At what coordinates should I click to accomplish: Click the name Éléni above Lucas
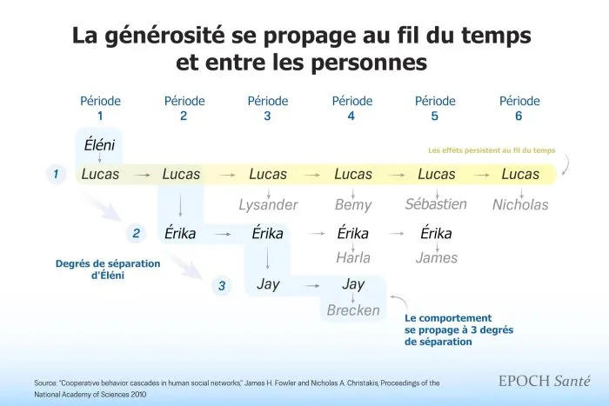[100, 143]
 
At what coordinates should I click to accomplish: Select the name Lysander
[268, 205]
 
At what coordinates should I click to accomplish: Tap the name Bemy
[352, 205]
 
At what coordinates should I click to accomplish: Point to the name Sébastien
[436, 204]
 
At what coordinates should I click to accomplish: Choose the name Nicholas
[520, 205]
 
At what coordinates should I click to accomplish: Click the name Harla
[352, 257]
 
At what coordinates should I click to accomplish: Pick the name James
[436, 257]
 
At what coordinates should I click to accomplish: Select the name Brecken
[352, 309]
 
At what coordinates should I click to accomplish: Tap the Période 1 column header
[100, 109]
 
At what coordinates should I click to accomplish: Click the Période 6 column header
[520, 109]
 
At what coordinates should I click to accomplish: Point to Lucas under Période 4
[352, 175]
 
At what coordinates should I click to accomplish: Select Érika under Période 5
[436, 233]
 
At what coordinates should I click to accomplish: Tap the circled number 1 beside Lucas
[56, 175]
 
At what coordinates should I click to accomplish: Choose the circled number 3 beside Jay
[222, 285]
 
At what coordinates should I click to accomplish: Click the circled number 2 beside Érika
[137, 233]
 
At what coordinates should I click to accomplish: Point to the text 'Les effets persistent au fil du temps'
[492, 150]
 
